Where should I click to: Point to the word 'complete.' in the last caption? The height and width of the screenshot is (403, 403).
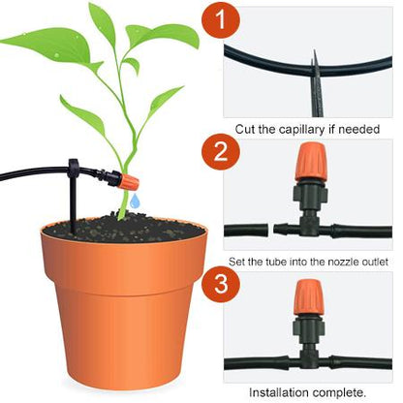[x=339, y=391]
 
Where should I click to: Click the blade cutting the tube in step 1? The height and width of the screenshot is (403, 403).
[x=315, y=73]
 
